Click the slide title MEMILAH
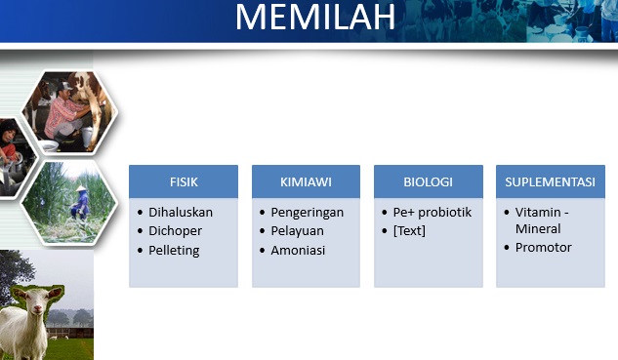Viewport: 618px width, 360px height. click(x=314, y=18)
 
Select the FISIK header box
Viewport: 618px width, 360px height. click(x=184, y=181)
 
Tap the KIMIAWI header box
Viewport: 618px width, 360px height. click(x=306, y=181)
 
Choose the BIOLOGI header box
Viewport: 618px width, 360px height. click(x=428, y=181)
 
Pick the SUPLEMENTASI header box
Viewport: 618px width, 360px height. click(x=550, y=181)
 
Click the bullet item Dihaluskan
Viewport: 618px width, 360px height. click(x=181, y=212)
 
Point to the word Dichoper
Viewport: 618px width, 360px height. click(x=176, y=231)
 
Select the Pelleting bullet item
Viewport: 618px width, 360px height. click(x=174, y=251)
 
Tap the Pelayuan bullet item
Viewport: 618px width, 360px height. click(x=297, y=231)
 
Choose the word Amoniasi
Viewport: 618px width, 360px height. click(x=298, y=251)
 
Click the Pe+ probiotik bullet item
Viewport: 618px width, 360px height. click(x=433, y=212)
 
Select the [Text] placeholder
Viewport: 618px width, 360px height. click(x=409, y=231)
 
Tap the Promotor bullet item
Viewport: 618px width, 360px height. click(x=543, y=248)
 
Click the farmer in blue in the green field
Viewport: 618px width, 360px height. click(x=79, y=203)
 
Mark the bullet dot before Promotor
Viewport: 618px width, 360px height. click(x=506, y=248)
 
